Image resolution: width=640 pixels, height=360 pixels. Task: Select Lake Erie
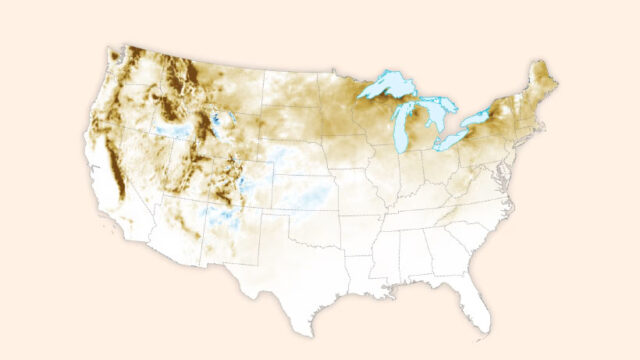(x=452, y=140)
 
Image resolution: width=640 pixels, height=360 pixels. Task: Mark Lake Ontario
(x=478, y=119)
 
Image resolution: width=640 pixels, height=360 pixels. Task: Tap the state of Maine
(x=544, y=78)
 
